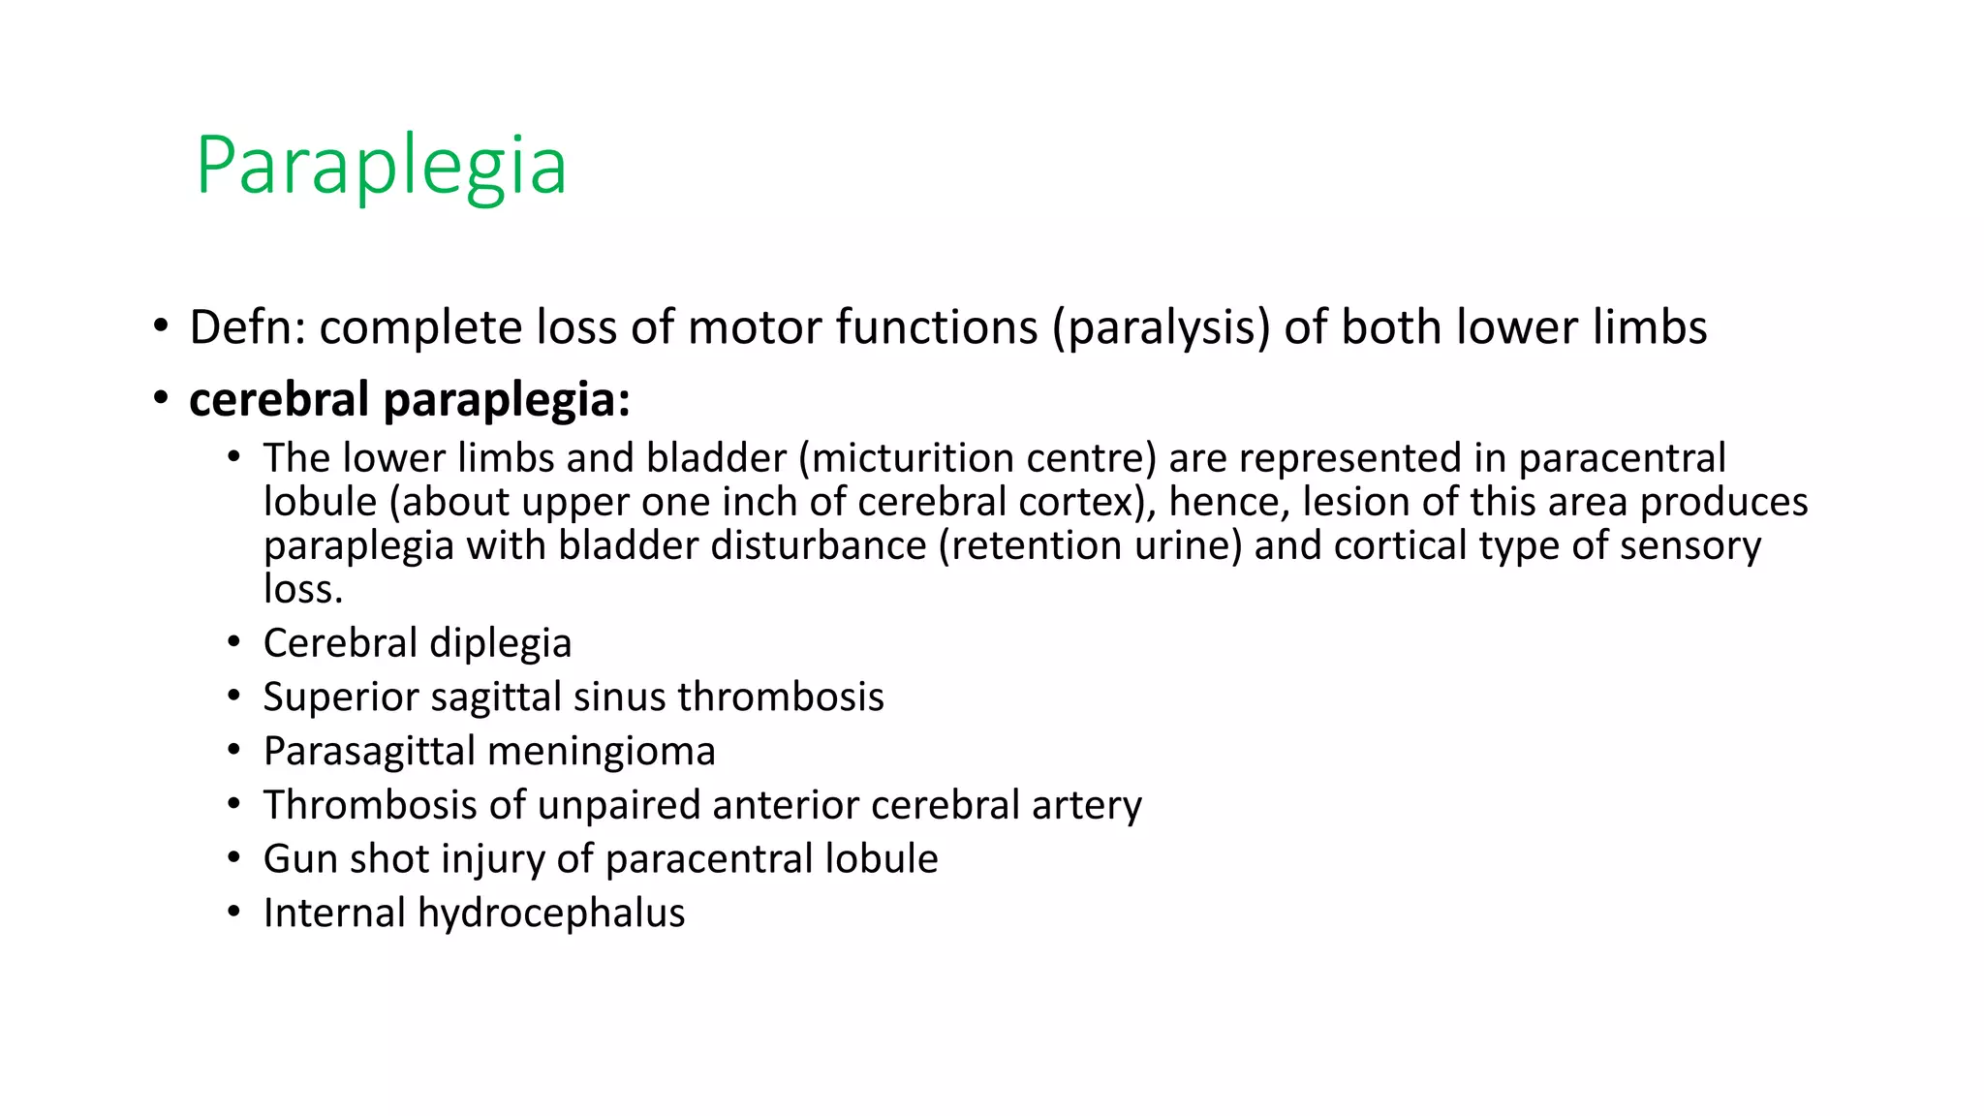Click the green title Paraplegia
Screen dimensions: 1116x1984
click(380, 167)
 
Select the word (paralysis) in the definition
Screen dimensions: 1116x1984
click(1162, 327)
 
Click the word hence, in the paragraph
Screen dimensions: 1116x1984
click(1228, 502)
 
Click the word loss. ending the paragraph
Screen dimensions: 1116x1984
click(303, 589)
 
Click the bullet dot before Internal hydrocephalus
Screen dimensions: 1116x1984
click(233, 913)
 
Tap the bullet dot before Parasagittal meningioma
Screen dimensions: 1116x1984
click(233, 751)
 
